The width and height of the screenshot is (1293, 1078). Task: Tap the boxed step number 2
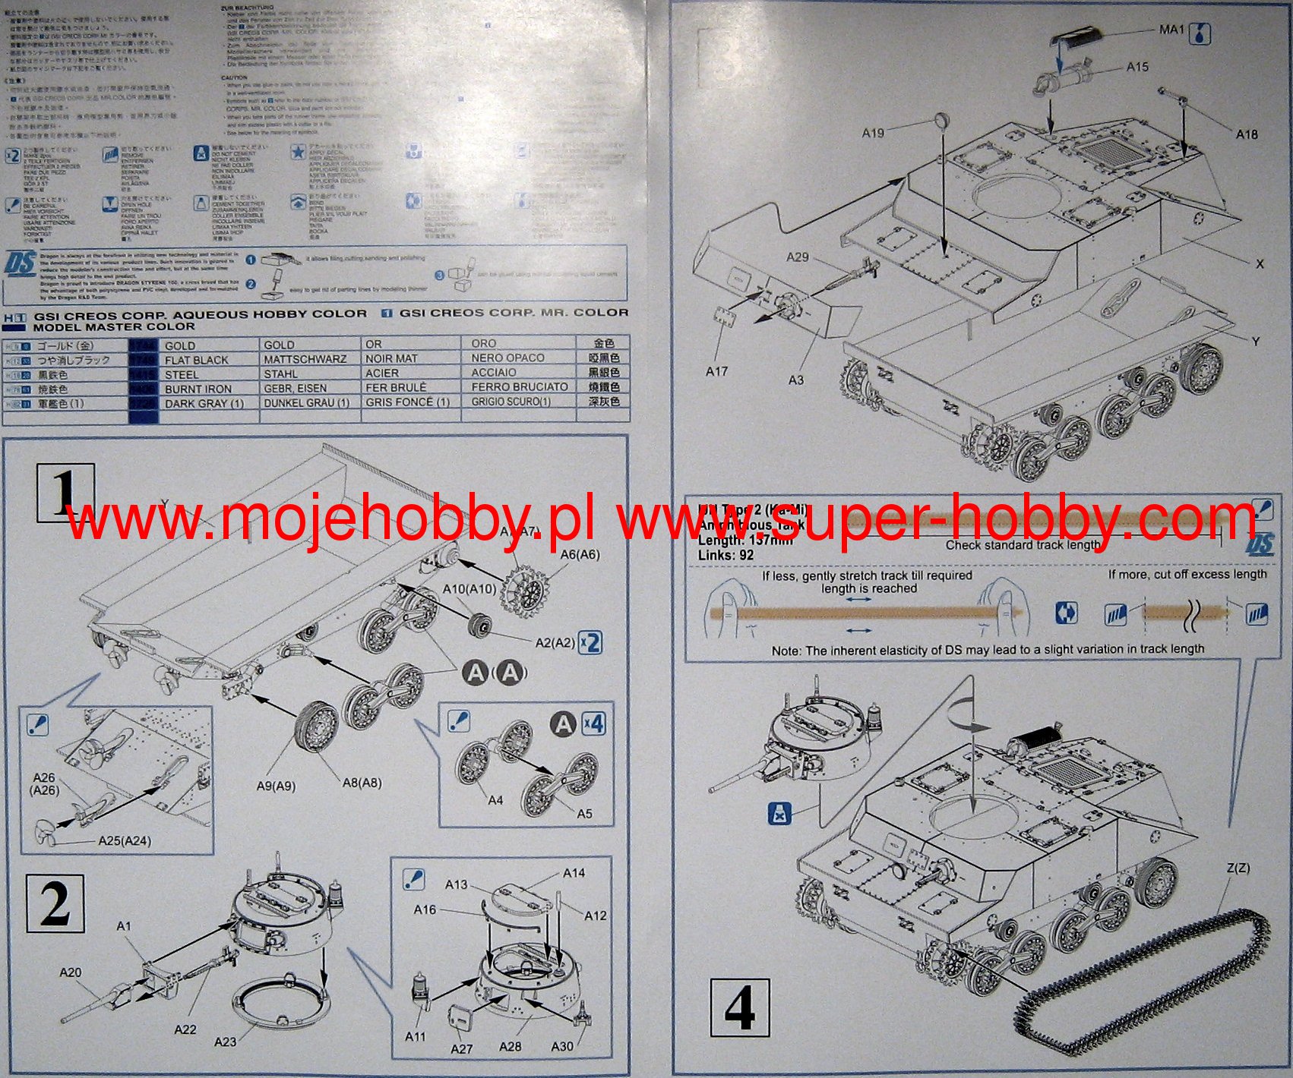pos(55,903)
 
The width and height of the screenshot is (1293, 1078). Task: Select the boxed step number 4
pos(739,1008)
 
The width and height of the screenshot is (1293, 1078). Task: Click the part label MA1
pos(1171,30)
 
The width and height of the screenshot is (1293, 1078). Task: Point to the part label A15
pos(1137,67)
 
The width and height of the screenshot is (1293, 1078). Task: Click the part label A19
pos(873,133)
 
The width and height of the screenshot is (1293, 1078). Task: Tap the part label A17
pos(716,371)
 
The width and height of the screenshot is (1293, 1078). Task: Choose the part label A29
pos(797,257)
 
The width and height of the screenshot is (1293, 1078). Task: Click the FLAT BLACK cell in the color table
pos(196,360)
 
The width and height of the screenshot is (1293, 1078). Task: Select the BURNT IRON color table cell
pos(198,389)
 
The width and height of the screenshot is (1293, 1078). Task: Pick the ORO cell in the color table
pos(483,343)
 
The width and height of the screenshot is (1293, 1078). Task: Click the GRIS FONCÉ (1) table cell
pos(407,402)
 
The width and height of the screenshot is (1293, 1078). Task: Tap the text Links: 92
pos(726,555)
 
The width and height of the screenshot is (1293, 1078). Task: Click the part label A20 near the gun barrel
pos(70,972)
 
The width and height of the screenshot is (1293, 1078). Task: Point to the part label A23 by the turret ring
pos(225,1042)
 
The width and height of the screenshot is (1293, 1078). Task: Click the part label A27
pos(461,1048)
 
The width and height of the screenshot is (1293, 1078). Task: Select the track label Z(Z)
pos(1238,868)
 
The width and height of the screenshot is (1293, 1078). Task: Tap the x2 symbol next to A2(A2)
pos(590,642)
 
